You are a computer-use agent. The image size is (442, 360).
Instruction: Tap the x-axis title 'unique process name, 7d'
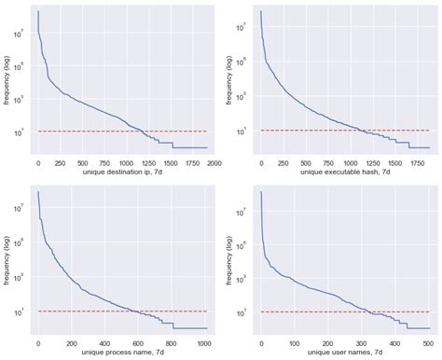click(x=123, y=352)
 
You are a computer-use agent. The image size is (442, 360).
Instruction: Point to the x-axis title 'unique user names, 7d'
click(x=345, y=352)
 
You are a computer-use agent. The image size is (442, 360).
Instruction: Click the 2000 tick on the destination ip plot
click(x=214, y=162)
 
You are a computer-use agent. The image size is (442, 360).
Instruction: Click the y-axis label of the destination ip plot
click(x=7, y=78)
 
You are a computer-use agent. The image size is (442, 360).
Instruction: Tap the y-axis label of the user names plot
click(x=229, y=258)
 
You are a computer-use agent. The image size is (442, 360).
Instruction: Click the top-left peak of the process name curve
click(x=38, y=191)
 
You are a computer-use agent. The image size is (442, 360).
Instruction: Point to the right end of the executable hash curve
click(x=430, y=147)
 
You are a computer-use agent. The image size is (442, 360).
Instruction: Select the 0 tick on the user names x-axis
click(x=260, y=342)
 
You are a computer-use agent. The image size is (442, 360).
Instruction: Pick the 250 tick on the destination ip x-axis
click(x=60, y=162)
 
